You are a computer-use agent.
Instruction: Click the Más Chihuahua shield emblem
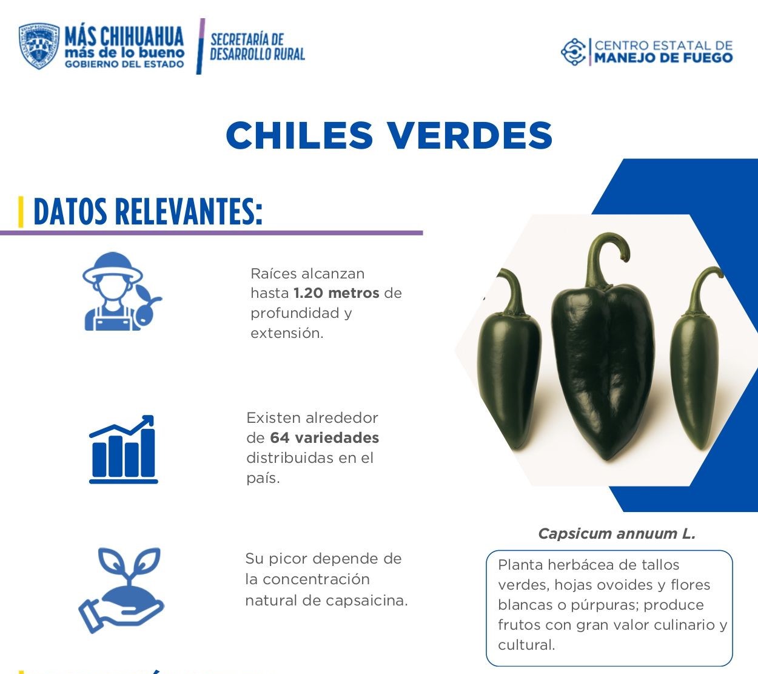(x=39, y=46)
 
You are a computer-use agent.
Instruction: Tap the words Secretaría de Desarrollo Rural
(x=257, y=47)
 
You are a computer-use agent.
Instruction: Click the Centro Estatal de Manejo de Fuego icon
(x=573, y=52)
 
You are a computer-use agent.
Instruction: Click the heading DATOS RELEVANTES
(x=148, y=212)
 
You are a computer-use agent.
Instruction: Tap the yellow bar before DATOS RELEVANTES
(x=21, y=212)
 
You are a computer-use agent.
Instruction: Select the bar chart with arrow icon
(x=123, y=450)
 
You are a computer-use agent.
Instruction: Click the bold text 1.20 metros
(x=336, y=293)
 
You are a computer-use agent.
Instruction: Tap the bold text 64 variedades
(x=324, y=437)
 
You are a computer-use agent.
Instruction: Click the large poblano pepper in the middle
(x=602, y=370)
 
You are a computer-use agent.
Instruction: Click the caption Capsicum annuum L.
(x=617, y=534)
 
